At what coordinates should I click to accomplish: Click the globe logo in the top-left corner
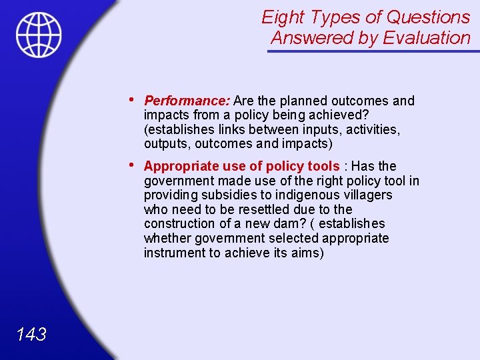pyautogui.click(x=39, y=35)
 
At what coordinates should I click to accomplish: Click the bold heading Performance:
pyautogui.click(x=187, y=101)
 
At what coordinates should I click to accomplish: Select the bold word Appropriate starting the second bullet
pyautogui.click(x=177, y=166)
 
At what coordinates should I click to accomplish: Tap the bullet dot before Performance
pyautogui.click(x=133, y=100)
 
